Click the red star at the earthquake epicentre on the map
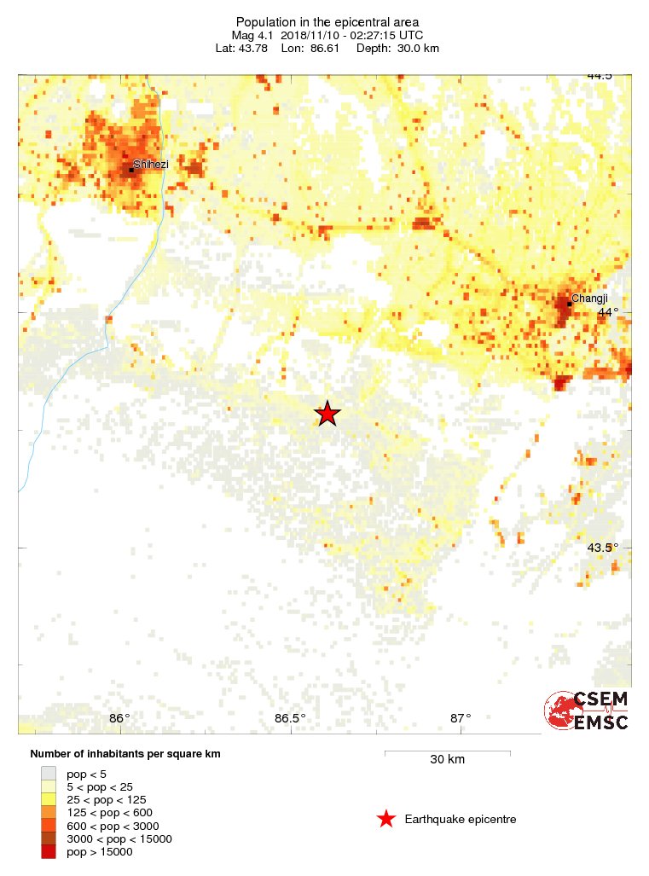click(x=327, y=414)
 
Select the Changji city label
click(x=589, y=298)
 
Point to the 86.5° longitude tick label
click(x=290, y=717)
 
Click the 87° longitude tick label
click(x=461, y=717)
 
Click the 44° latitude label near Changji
click(x=607, y=312)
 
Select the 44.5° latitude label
click(x=600, y=76)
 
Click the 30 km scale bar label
click(x=447, y=759)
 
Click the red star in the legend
click(x=386, y=819)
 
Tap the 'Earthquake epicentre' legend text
click(x=461, y=820)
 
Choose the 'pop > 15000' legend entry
click(x=99, y=851)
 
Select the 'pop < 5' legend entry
click(x=86, y=773)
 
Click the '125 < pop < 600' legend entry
click(x=107, y=812)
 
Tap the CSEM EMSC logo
click(x=587, y=711)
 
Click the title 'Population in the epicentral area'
click(x=327, y=21)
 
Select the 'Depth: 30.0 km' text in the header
click(x=403, y=48)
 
